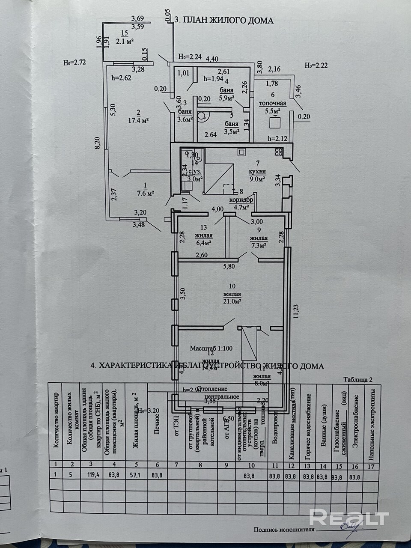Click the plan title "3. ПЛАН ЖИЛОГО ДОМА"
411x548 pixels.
point(224,20)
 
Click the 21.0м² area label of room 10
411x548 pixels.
point(232,301)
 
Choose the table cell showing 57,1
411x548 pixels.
point(136,474)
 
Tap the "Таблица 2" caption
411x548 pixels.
point(358,379)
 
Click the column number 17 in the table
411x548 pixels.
point(371,466)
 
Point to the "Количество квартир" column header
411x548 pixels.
point(55,421)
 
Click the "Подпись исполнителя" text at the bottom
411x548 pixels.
point(284,529)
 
